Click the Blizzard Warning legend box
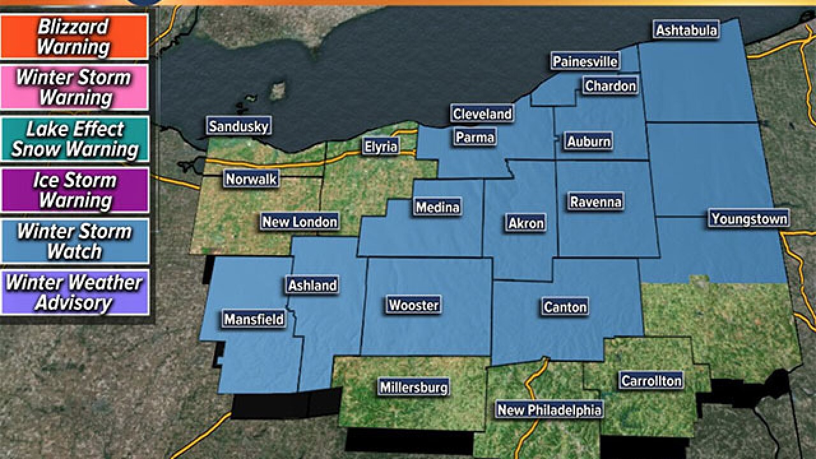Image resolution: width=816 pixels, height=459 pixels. click(75, 37)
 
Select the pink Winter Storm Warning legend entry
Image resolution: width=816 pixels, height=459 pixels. click(75, 87)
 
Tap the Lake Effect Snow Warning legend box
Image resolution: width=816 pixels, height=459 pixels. click(75, 139)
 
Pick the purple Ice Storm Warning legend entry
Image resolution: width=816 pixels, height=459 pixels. click(75, 190)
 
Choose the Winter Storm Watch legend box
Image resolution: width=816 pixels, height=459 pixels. click(75, 241)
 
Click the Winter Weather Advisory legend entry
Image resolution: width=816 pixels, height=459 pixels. click(75, 292)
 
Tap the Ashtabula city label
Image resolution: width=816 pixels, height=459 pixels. click(687, 30)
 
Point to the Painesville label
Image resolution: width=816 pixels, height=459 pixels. click(585, 61)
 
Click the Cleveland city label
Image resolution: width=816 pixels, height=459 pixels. click(482, 114)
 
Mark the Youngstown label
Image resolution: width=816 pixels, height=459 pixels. click(749, 219)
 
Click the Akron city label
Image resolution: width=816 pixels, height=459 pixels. click(526, 222)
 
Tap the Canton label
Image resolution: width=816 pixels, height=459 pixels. click(565, 307)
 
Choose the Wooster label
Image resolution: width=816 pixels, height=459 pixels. click(414, 305)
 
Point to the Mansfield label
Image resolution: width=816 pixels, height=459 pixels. click(253, 319)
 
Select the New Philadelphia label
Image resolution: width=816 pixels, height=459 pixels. click(549, 410)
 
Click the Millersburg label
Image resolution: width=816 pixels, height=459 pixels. click(414, 387)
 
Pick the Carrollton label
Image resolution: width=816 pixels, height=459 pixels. click(651, 381)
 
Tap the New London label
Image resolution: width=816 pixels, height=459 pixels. click(299, 222)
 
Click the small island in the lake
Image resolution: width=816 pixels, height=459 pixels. click(277, 92)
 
